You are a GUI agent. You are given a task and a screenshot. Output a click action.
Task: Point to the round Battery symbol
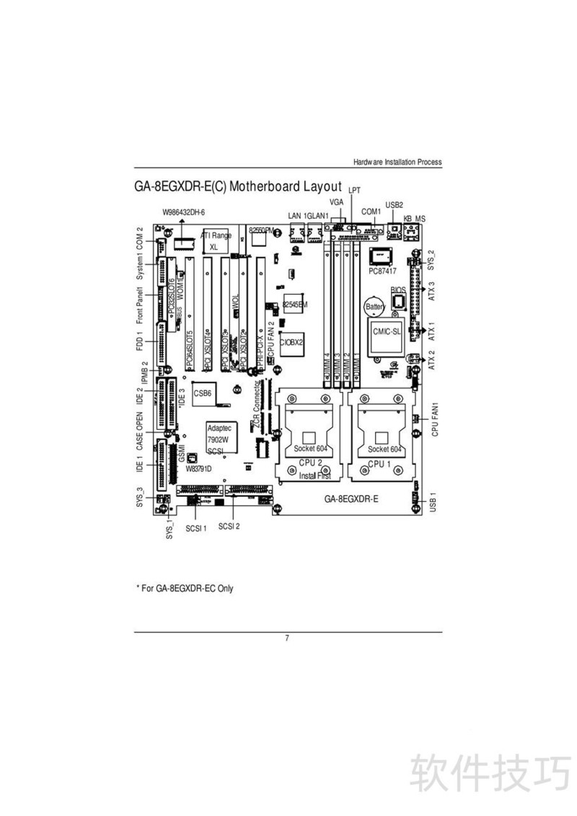click(x=374, y=306)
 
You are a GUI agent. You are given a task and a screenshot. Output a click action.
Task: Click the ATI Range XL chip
click(x=216, y=241)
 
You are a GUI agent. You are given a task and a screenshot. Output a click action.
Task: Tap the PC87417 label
click(x=382, y=272)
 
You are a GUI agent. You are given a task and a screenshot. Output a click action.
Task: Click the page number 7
click(x=287, y=638)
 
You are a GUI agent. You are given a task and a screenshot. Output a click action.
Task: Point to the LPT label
click(x=354, y=191)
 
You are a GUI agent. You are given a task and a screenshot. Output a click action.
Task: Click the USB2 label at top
click(x=394, y=204)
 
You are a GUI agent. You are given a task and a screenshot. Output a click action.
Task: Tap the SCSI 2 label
click(x=229, y=526)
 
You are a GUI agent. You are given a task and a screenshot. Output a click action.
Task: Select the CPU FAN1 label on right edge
click(x=434, y=418)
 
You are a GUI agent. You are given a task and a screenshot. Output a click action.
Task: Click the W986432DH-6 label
click(x=184, y=212)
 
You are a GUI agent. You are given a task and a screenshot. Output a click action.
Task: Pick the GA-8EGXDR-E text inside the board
click(x=351, y=498)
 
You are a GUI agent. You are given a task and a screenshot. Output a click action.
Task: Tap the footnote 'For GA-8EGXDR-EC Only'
click(x=185, y=589)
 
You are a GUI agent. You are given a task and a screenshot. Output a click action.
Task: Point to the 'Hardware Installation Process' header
click(x=397, y=162)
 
